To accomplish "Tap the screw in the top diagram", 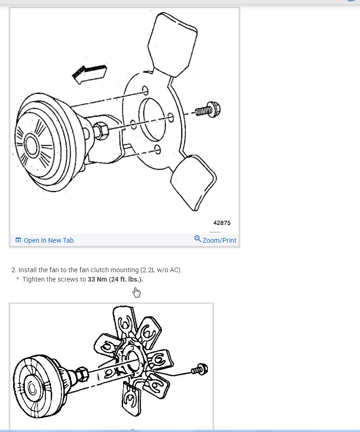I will (206, 111).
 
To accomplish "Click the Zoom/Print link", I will (219, 240).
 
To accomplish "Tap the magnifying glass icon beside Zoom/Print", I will (198, 239).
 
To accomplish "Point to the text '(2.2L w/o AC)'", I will (162, 270).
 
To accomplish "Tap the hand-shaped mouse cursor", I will (136, 293).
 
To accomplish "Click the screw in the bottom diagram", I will (200, 369).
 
